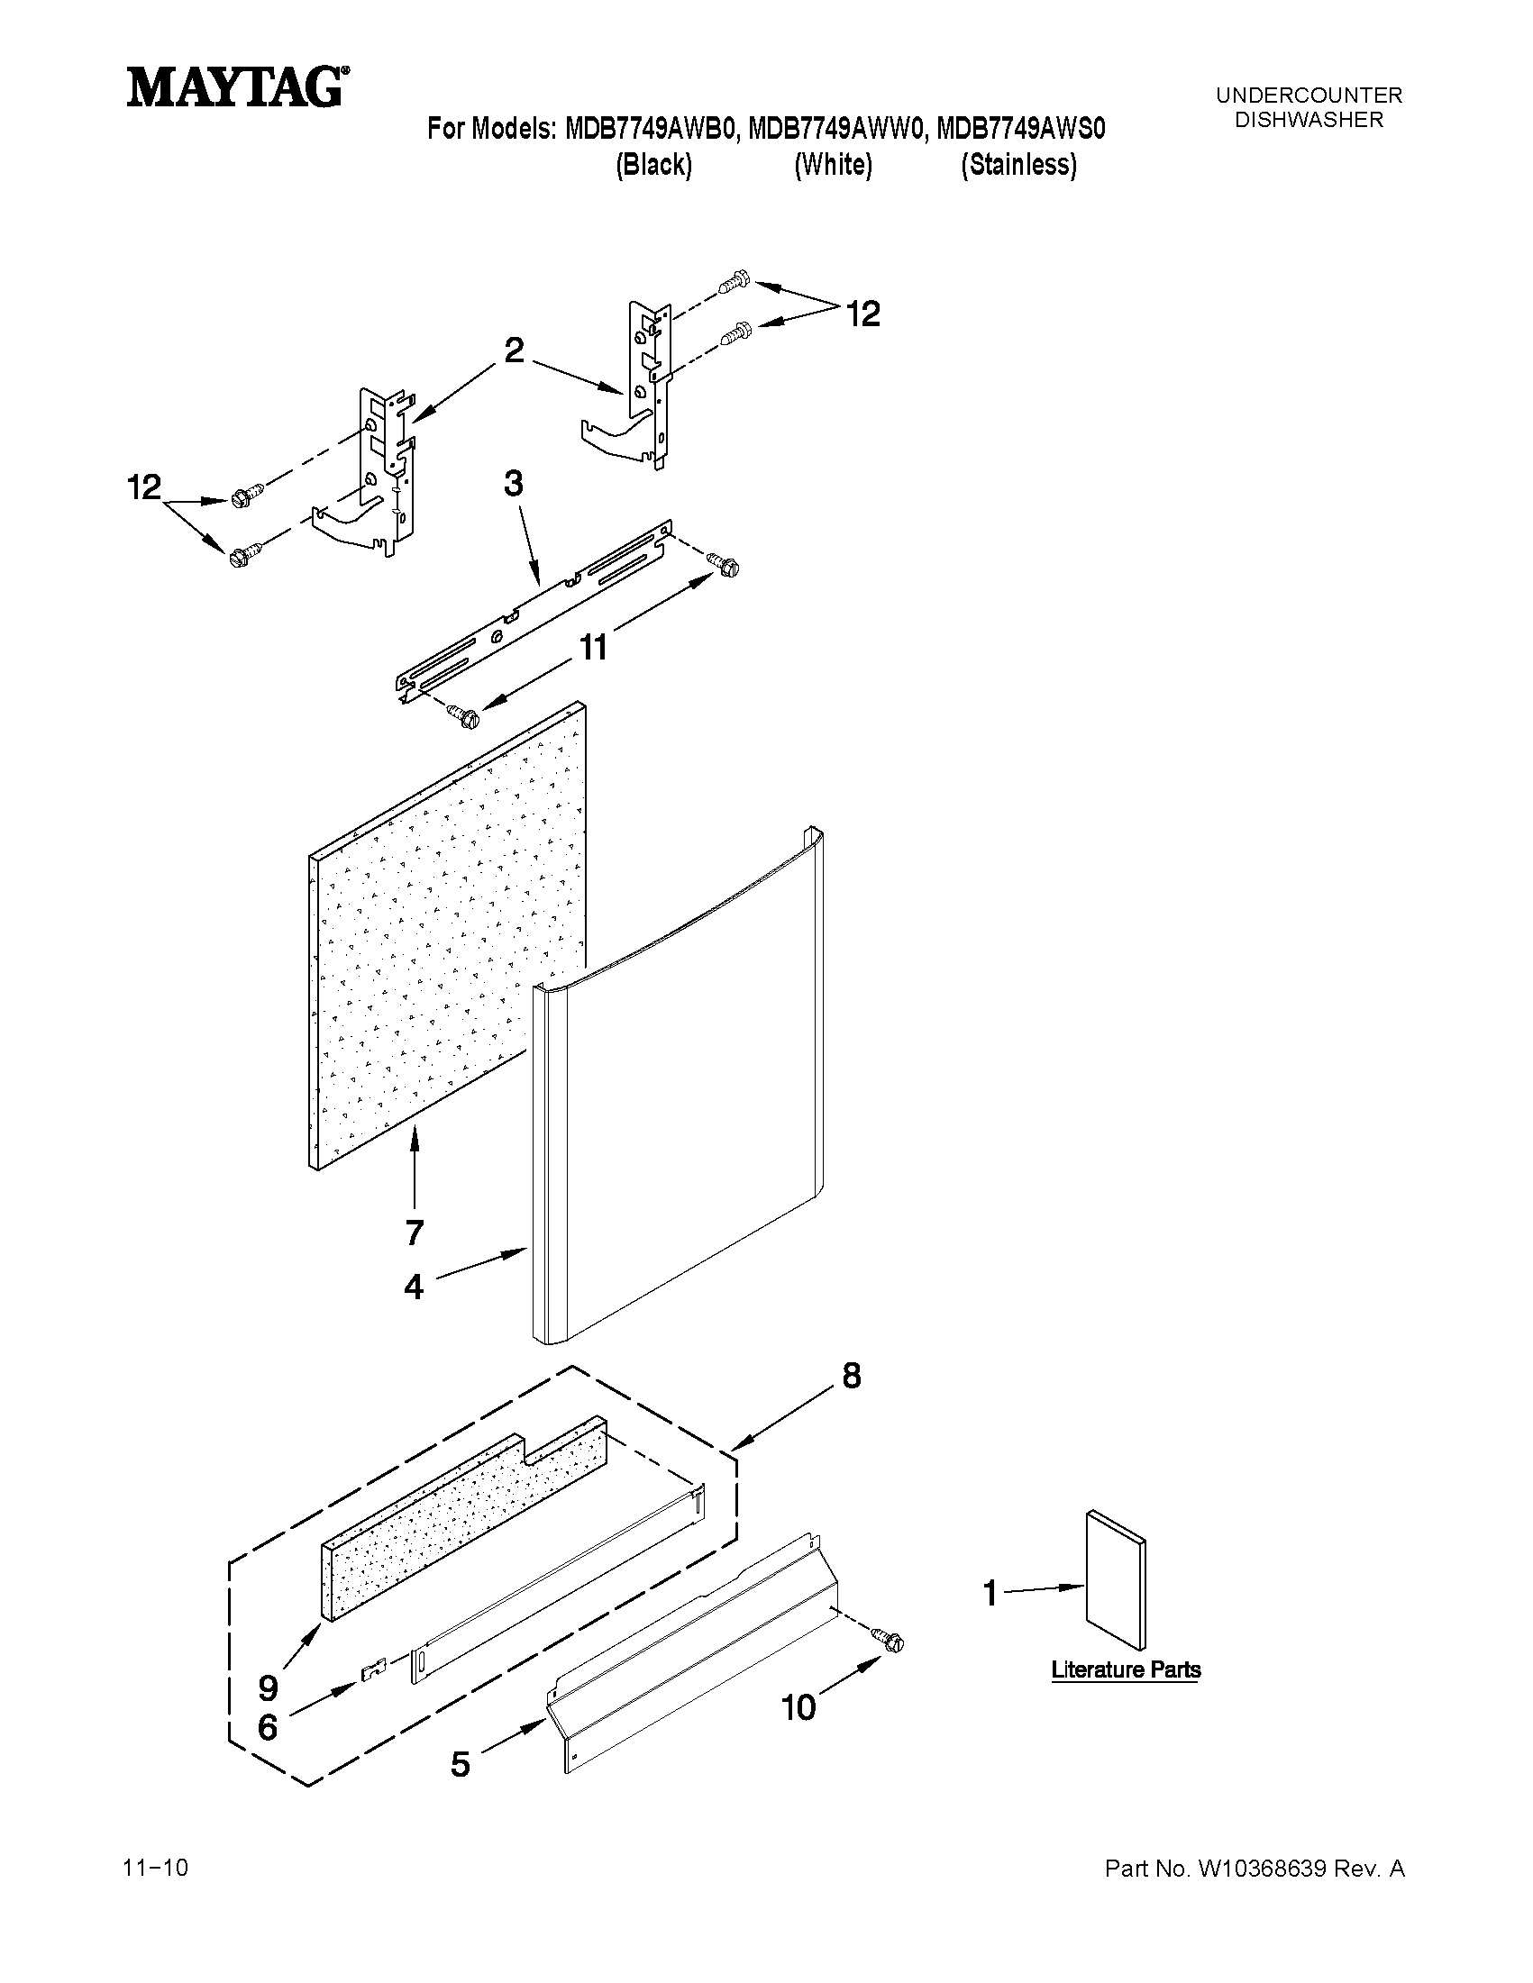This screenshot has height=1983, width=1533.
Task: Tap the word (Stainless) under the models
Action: coord(1019,165)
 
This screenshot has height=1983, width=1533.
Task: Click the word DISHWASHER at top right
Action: coord(1309,119)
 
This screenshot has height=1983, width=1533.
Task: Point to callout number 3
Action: coord(513,484)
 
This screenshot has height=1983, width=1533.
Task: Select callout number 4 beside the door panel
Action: coord(414,1287)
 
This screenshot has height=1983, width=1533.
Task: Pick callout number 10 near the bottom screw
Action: coord(798,1708)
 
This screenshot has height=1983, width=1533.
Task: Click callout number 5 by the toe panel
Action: coord(461,1764)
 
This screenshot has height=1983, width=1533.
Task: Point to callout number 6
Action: coord(267,1727)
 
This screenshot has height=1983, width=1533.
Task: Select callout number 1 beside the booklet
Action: coord(990,1593)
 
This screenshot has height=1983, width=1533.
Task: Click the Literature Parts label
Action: coord(1126,1669)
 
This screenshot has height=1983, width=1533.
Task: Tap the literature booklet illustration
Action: coord(1115,1580)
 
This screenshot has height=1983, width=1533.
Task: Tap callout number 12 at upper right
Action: coord(862,314)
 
